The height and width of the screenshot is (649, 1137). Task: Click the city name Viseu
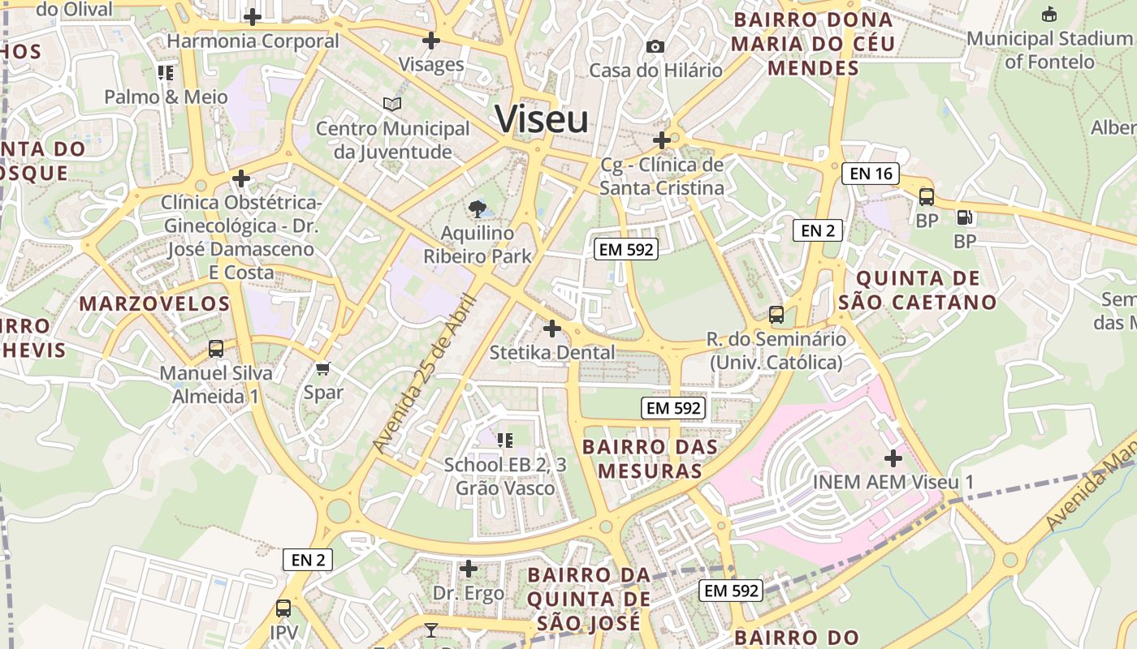coord(542,120)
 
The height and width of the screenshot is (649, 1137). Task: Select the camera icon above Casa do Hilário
coord(655,46)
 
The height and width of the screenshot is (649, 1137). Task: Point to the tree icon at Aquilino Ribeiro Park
coord(478,209)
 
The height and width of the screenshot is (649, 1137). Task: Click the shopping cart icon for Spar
coord(323,369)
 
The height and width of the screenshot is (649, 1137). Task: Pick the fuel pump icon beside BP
coord(965,217)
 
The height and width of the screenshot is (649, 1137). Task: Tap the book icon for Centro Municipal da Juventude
coord(392,104)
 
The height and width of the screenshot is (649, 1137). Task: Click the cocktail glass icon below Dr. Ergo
coord(430,630)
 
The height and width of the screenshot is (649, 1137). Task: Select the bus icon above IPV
coord(283,608)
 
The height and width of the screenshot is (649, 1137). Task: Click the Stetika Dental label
coord(552,353)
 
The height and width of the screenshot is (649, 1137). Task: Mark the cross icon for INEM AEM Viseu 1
coord(893,458)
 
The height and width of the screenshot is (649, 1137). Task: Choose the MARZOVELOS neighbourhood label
coord(154,304)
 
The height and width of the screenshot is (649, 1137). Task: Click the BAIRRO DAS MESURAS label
coord(650,458)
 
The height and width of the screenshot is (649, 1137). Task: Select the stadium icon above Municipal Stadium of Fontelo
coord(1049,14)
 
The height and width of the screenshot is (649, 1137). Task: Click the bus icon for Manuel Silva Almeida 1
coord(216,349)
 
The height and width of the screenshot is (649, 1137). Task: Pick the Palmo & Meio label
coord(166,97)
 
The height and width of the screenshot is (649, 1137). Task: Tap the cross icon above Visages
coord(431,40)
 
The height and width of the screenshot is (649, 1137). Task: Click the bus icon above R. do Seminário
coord(776,314)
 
